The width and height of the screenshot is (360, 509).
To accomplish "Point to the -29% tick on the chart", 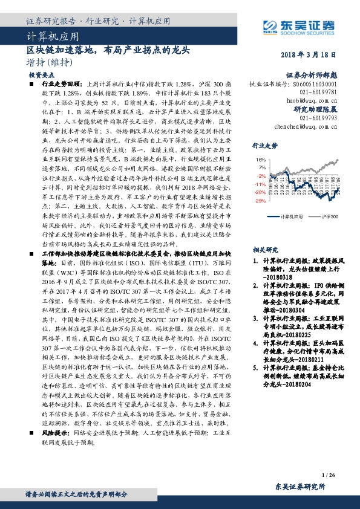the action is (260, 200).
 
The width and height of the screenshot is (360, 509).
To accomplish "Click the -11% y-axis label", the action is (260, 184).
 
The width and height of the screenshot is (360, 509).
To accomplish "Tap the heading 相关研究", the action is (264, 249).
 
